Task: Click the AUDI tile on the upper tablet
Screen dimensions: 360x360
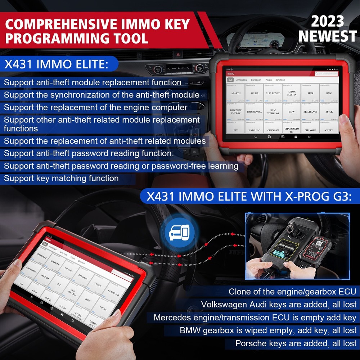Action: (x=310, y=93)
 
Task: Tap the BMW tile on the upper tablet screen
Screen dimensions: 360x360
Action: (x=292, y=112)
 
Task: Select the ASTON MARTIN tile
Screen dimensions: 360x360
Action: (x=292, y=93)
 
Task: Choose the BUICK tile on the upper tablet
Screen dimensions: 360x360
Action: (x=329, y=112)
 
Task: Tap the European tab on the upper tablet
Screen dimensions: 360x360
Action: (x=256, y=80)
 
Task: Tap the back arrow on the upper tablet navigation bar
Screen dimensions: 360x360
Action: (x=309, y=137)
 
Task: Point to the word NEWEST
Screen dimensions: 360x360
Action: (x=327, y=36)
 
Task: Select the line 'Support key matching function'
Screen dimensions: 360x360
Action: (x=61, y=178)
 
